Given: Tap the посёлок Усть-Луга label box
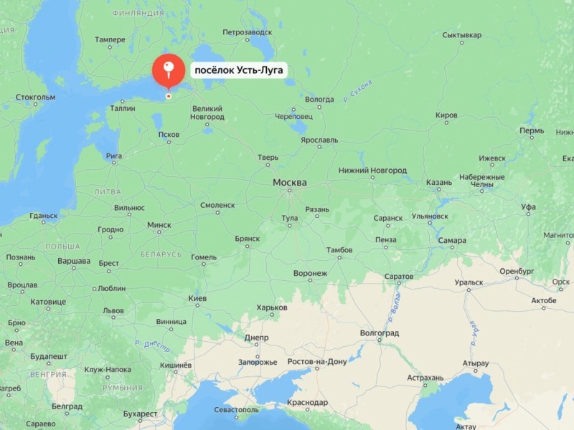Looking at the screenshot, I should (x=240, y=70).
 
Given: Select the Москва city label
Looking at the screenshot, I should (x=289, y=183).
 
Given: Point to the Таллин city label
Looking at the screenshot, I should (x=123, y=108).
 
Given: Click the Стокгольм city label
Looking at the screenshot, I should (x=35, y=97).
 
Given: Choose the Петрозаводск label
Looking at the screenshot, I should (x=247, y=32).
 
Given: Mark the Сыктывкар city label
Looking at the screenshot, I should (x=461, y=34).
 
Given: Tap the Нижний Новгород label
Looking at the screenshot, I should (x=372, y=171).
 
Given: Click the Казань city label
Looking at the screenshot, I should (x=438, y=183).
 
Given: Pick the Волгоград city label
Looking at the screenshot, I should (x=379, y=333).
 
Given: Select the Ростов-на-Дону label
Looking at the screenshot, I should (x=316, y=361).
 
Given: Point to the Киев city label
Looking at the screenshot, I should (x=197, y=298).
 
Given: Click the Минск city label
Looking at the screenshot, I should (x=159, y=224).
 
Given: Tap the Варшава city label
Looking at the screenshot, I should (x=73, y=261).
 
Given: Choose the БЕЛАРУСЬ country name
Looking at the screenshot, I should (x=161, y=254).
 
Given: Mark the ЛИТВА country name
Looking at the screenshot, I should (x=108, y=192).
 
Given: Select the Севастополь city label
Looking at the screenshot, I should (x=236, y=410).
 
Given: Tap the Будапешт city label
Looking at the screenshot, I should (x=48, y=356).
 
